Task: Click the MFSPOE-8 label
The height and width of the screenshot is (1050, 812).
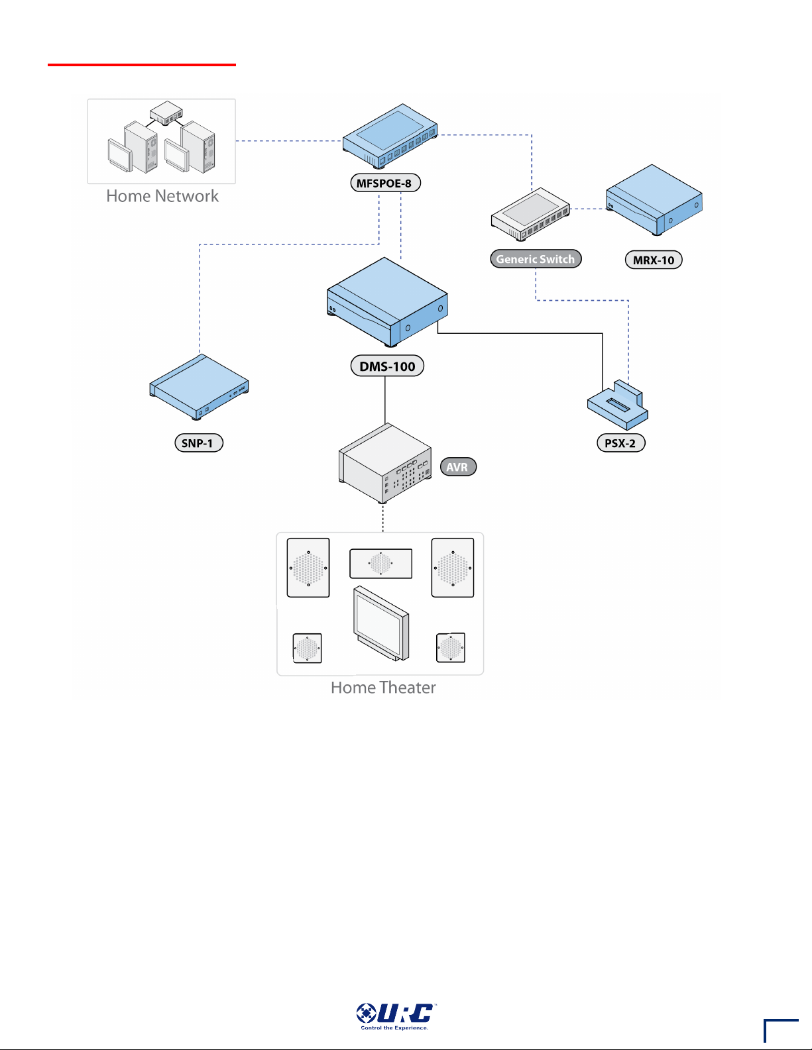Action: (385, 183)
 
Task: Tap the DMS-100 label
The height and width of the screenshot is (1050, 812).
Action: (387, 366)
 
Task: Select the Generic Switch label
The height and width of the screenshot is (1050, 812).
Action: (536, 258)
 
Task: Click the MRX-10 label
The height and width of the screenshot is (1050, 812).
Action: (654, 260)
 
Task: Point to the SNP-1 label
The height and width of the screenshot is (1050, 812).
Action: (199, 443)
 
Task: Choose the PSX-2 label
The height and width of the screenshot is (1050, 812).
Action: (621, 443)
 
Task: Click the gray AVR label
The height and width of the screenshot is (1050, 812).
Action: (458, 467)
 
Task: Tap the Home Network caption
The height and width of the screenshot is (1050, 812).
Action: (162, 195)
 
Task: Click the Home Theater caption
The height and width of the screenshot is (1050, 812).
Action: (383, 687)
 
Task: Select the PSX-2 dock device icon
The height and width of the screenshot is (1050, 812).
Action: (618, 405)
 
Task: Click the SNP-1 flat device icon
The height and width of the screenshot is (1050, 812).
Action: (199, 387)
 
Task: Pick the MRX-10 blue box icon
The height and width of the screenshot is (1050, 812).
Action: (654, 199)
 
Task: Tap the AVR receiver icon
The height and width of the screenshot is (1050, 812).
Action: (385, 464)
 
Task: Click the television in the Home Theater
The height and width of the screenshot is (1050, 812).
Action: (381, 623)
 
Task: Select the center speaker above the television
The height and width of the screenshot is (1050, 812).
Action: (381, 563)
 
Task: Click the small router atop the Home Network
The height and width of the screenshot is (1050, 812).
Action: (166, 113)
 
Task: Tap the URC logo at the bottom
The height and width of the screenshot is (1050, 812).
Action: (396, 1016)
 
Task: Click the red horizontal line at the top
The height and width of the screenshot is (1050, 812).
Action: (142, 64)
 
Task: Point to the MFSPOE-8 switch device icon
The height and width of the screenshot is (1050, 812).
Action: (390, 136)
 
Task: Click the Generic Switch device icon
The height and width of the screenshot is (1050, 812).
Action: (531, 214)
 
